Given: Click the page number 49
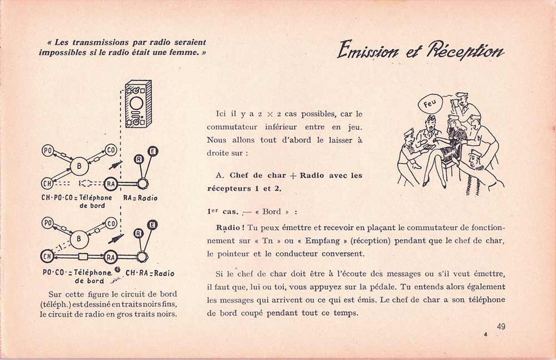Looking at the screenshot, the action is click(500, 326).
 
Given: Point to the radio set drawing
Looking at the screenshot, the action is click(138, 104).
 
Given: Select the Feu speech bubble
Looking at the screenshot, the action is click(430, 104).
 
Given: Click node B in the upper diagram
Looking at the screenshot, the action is click(79, 166).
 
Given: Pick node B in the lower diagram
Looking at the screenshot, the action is click(79, 239).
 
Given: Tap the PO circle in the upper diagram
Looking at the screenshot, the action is click(47, 150).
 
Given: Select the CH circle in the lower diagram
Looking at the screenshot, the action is click(47, 256).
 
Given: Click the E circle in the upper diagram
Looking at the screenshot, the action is click(153, 151).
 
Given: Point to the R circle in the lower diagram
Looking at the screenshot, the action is click(138, 233).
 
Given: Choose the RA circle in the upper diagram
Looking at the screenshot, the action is click(111, 183).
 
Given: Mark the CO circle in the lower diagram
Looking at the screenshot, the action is click(111, 223).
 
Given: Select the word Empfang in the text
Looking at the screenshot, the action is click(325, 241).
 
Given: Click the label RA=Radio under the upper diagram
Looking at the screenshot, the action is click(140, 198).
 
